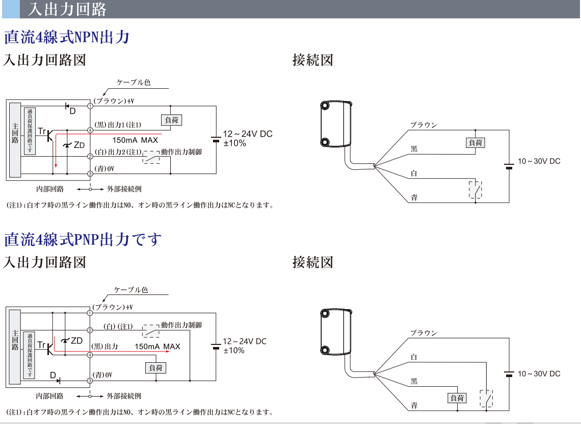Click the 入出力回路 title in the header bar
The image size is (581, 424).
(67, 9)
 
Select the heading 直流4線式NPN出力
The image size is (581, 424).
(67, 37)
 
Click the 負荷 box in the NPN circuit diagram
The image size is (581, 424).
(171, 120)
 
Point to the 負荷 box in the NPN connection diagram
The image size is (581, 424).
(476, 143)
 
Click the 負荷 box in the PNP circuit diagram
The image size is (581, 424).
(156, 367)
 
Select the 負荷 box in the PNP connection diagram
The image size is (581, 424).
(457, 398)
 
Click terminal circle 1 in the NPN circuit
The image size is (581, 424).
(90, 106)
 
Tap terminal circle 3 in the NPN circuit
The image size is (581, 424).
(90, 174)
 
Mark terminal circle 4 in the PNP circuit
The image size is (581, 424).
(90, 355)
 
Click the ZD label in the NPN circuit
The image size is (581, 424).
(79, 145)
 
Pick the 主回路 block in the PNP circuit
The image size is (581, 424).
(15, 347)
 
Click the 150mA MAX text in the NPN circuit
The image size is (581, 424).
(136, 140)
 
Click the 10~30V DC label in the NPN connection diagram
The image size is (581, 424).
(539, 161)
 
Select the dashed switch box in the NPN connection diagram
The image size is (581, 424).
(476, 189)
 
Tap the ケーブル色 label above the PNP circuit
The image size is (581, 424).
(131, 289)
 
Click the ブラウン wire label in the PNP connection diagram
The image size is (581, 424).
(424, 333)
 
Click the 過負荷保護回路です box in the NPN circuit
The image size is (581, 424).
(30, 131)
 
